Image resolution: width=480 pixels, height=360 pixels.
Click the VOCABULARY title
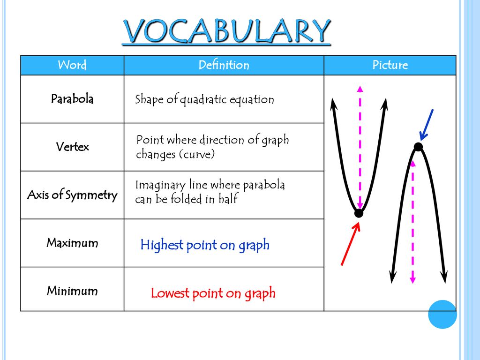(226, 31)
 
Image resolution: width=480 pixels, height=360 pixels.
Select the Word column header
(72, 65)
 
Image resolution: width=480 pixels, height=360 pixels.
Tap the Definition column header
(224, 65)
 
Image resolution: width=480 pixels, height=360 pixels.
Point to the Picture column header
(390, 65)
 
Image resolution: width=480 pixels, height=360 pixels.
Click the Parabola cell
(72, 99)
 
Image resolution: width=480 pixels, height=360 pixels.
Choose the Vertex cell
(72, 147)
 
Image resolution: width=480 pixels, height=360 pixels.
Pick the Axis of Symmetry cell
(72, 195)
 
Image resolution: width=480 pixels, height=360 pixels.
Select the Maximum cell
(72, 243)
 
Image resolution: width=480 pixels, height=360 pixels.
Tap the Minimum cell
(72, 289)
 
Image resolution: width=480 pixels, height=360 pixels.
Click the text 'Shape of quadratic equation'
(204, 100)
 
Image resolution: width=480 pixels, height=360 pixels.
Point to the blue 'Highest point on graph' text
(205, 245)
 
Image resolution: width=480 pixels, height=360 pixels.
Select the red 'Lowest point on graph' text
(213, 293)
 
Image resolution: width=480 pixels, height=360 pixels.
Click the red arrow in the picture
(351, 244)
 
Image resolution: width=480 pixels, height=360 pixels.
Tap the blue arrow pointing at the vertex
(427, 125)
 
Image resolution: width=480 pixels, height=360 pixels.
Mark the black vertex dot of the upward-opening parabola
(359, 213)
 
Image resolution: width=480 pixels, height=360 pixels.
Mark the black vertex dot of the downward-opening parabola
(419, 147)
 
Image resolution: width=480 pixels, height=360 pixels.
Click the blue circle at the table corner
(442, 315)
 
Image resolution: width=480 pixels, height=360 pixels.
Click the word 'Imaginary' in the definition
(160, 186)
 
